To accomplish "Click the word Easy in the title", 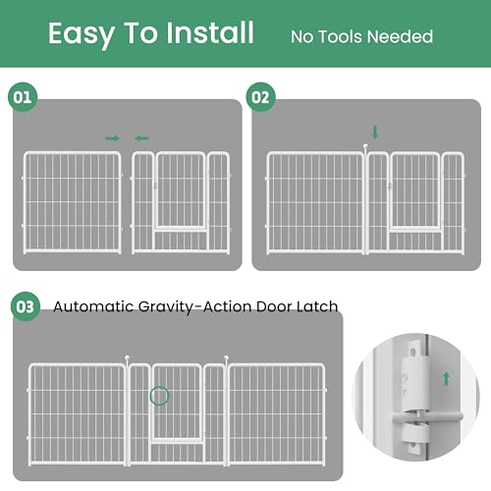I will click(x=82, y=34).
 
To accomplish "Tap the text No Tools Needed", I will click(x=361, y=37).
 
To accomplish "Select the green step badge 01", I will click(x=23, y=98).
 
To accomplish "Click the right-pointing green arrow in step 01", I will click(x=112, y=138).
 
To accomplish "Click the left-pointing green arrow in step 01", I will click(x=142, y=138).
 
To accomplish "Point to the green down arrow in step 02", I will click(x=373, y=132).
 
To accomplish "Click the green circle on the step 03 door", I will click(x=159, y=397).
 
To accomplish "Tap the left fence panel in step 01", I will click(x=72, y=201).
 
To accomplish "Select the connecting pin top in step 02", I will click(x=365, y=148).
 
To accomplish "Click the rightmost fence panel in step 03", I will click(x=277, y=412).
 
